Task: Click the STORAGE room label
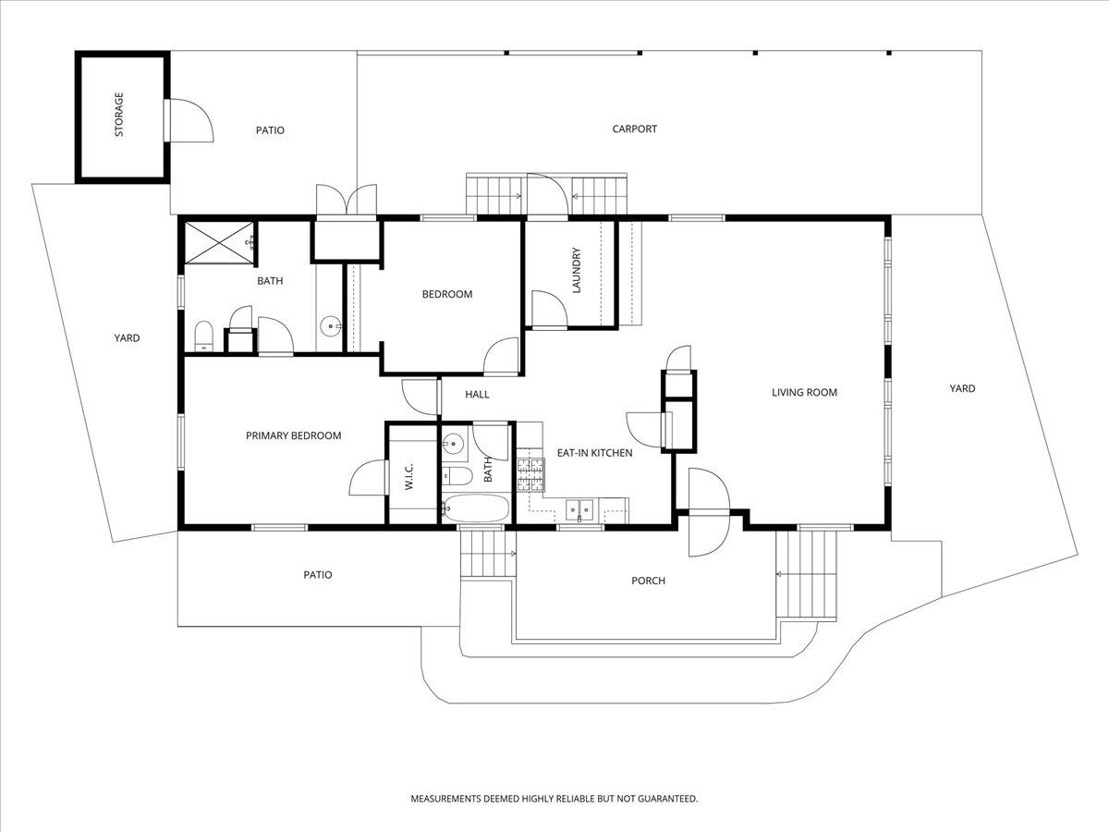(x=119, y=115)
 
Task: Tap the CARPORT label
(x=635, y=129)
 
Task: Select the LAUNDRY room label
(x=576, y=270)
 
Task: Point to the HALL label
(x=477, y=395)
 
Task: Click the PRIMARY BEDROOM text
(x=293, y=436)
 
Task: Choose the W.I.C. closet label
(x=408, y=476)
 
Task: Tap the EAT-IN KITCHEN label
(x=594, y=453)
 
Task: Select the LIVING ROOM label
(x=804, y=393)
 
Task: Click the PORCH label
(x=648, y=581)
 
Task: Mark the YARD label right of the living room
(x=962, y=389)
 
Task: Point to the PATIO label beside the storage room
(x=270, y=130)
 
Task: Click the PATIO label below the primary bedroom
(x=317, y=575)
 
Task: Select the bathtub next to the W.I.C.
(x=476, y=508)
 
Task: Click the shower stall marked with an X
(x=218, y=243)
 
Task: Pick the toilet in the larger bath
(x=203, y=333)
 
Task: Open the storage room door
(x=189, y=120)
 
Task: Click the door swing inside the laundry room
(x=545, y=309)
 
